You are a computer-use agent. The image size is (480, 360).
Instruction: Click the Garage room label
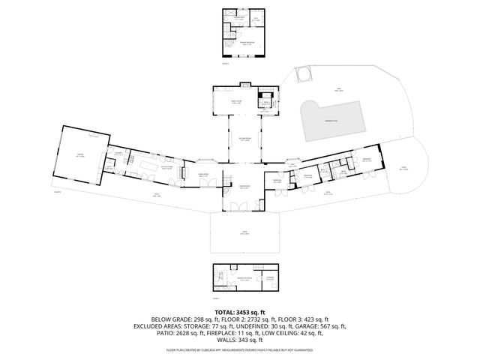79,156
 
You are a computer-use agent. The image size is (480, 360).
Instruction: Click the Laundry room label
118,153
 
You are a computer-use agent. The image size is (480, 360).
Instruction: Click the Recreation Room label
243,278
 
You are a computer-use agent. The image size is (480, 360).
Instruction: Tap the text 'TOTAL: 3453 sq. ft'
240,310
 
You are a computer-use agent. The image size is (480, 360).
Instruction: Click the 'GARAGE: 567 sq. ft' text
324,326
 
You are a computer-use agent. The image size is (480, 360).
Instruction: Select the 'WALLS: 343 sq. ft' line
240,341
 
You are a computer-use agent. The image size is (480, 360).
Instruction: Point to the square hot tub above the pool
303,76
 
